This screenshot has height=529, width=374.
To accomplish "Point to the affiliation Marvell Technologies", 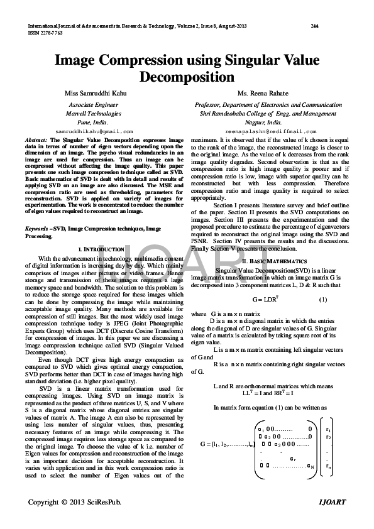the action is pyautogui.click(x=94, y=114).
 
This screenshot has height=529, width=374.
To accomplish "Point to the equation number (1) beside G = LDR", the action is pyautogui.click(x=322, y=299).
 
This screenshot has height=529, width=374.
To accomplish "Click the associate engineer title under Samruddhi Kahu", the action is pyautogui.click(x=93, y=104).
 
